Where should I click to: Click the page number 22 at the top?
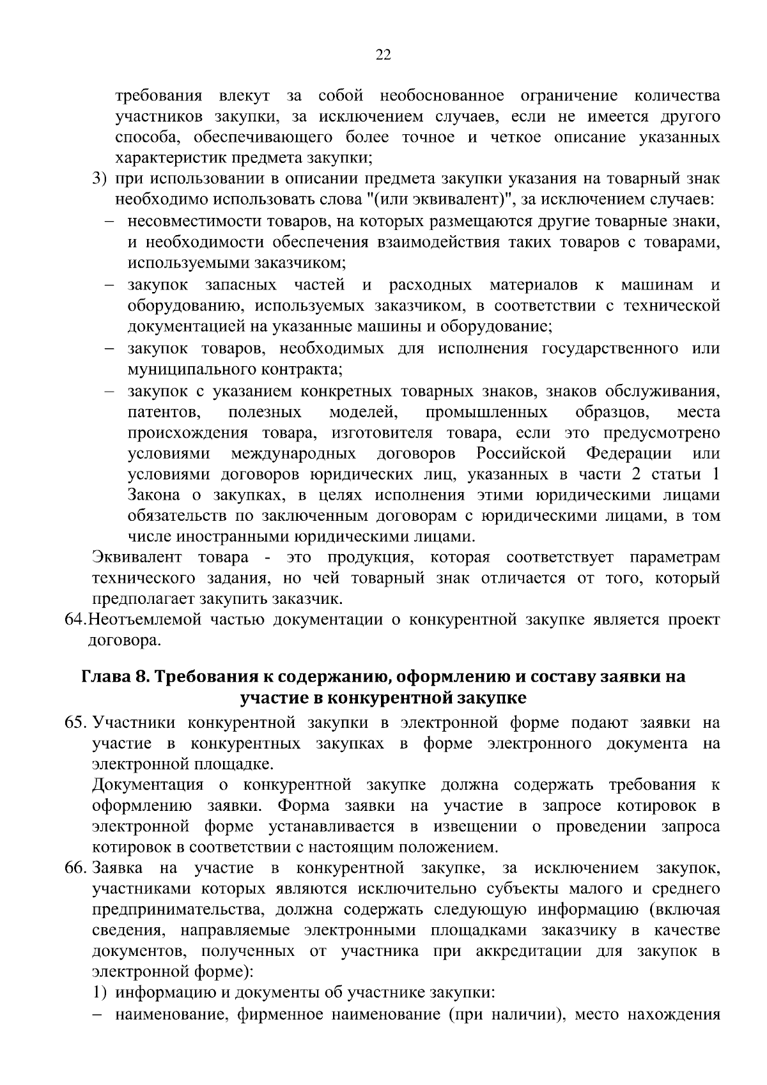383,55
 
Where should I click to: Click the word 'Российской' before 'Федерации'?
521,454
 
